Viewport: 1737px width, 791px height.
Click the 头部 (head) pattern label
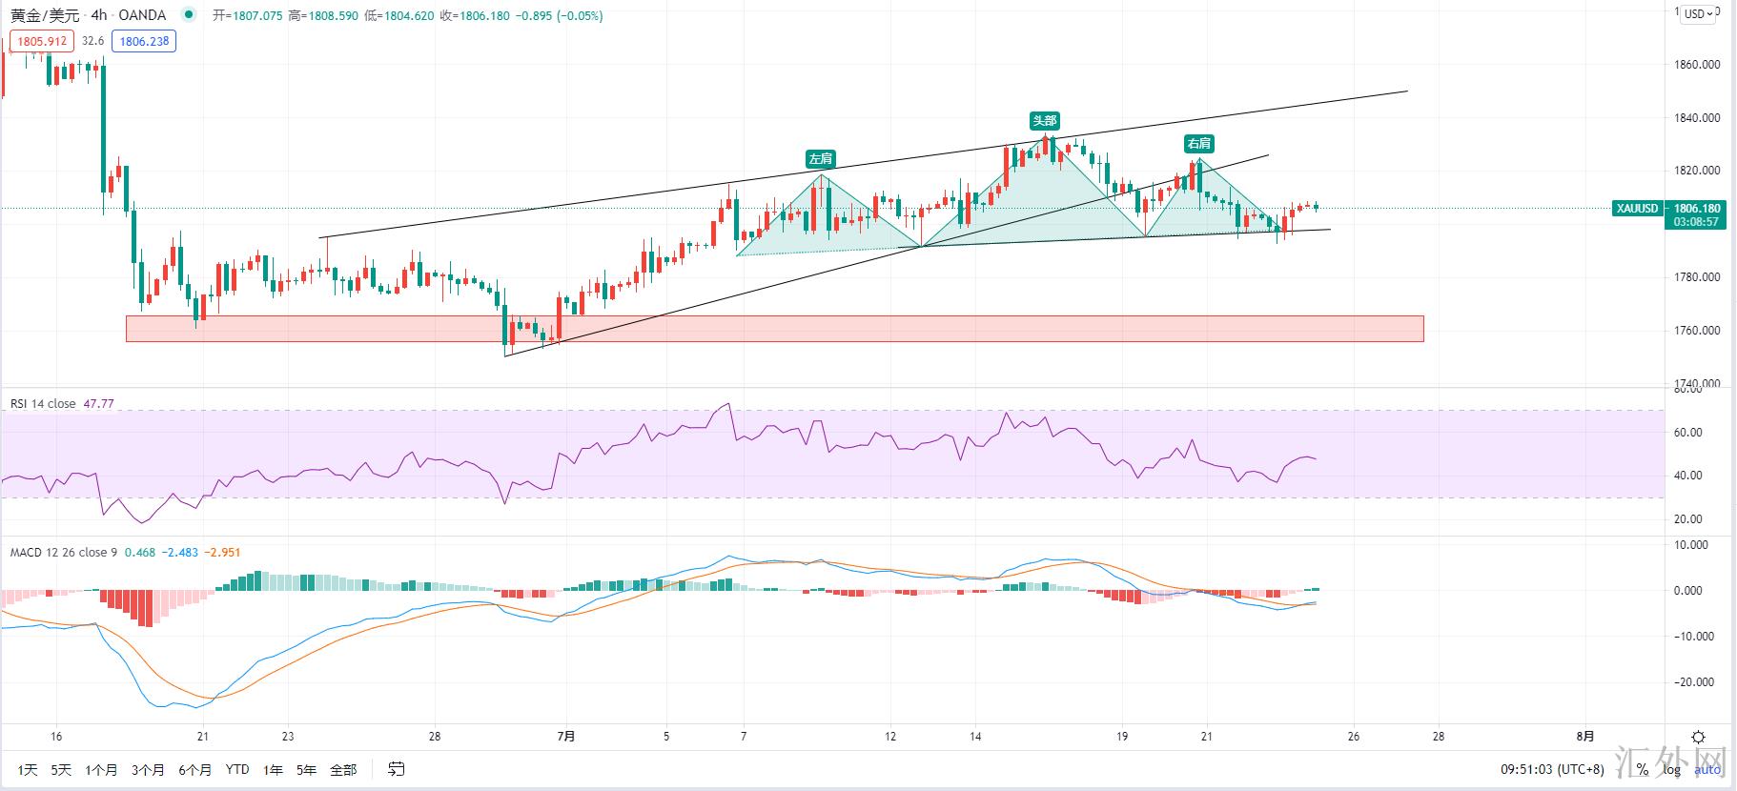coord(1044,120)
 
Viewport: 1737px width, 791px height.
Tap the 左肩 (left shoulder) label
coord(820,158)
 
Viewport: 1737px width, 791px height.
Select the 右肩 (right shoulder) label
coord(1198,143)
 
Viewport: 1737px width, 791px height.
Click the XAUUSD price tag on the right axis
coord(1637,208)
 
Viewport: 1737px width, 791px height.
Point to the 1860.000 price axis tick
coord(1697,65)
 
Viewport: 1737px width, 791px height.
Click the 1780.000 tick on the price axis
coord(1697,277)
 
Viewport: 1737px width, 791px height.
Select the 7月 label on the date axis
coord(566,736)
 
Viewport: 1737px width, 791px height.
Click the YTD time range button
coord(237,769)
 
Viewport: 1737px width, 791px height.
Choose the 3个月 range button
coord(148,769)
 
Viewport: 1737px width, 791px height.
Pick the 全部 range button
coord(343,769)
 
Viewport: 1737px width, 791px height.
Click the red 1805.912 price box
coord(42,41)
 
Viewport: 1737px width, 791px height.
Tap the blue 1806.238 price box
coord(144,41)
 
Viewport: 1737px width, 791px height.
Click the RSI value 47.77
coord(98,404)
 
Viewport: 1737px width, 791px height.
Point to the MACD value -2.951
coord(225,552)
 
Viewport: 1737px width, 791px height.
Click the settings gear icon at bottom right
coord(1698,737)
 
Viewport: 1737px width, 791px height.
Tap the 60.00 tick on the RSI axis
coord(1687,432)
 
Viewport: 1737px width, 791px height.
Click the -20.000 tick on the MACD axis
coord(1695,682)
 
